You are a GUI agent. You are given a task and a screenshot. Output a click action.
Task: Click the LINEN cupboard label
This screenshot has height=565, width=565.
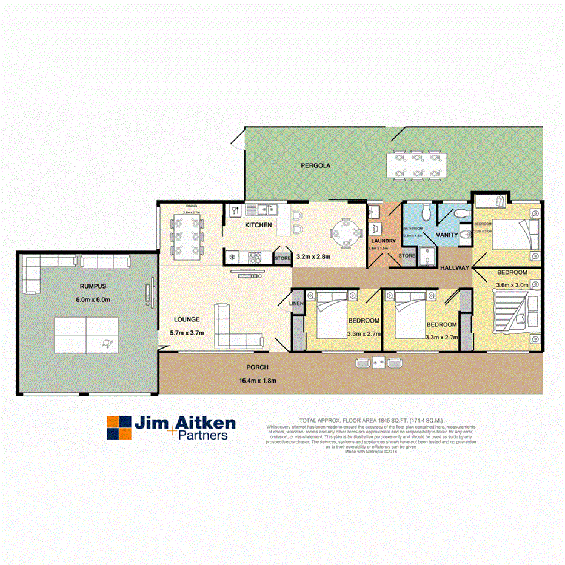click(296, 303)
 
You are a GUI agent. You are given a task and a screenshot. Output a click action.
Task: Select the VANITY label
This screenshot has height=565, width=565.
click(447, 234)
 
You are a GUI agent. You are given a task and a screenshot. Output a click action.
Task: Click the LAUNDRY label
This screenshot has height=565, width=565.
click(383, 241)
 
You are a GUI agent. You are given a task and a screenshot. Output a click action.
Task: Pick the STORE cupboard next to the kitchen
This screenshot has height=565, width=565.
click(282, 258)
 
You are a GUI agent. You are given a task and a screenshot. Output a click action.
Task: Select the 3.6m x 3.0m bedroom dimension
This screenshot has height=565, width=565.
click(512, 284)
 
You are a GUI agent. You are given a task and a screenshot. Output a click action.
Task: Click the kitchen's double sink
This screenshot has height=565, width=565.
click(265, 210)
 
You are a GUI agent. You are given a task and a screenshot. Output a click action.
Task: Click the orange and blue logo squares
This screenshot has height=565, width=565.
click(119, 427)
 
